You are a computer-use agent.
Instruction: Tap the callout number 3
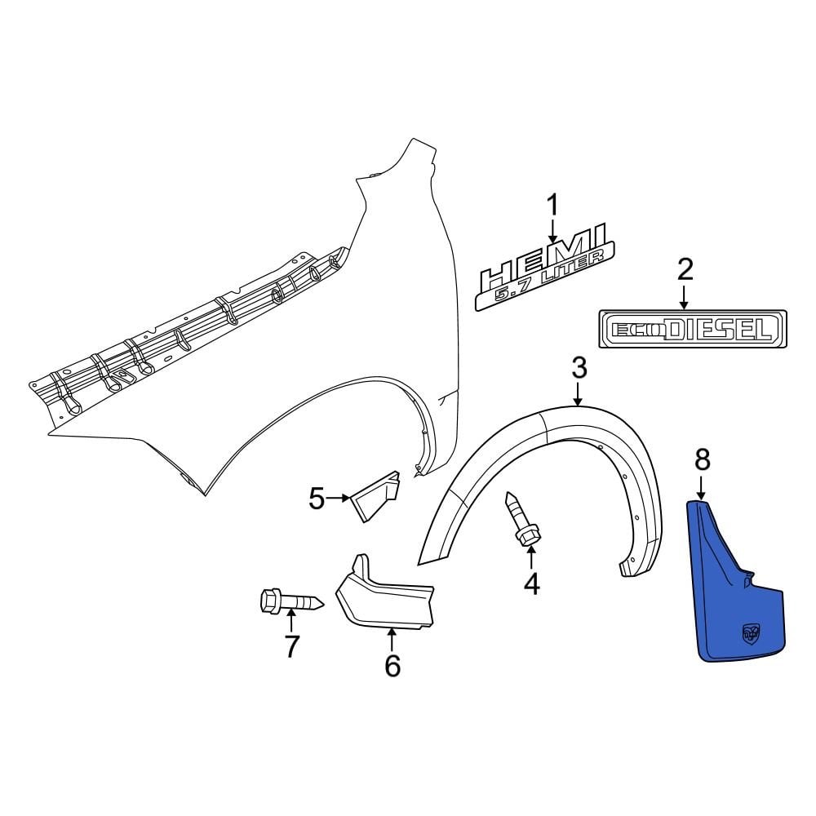[579, 369]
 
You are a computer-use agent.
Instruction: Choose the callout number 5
[317, 497]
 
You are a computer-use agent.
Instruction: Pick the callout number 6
[392, 666]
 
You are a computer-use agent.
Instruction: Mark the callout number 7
[291, 646]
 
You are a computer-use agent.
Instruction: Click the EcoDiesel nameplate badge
[692, 329]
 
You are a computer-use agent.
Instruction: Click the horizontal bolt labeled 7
[290, 603]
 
